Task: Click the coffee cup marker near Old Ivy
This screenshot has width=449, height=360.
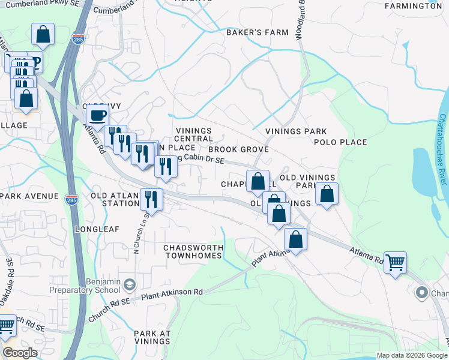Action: click(97, 116)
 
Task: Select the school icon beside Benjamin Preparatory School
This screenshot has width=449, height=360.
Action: click(131, 284)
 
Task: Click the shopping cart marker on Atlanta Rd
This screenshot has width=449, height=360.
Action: click(395, 262)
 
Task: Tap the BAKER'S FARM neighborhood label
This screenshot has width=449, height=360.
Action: click(253, 32)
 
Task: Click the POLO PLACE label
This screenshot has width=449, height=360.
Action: click(340, 142)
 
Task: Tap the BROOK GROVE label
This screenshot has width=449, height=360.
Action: click(238, 149)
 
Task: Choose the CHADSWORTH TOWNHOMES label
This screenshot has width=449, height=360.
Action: click(193, 252)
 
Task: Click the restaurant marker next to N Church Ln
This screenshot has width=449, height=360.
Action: click(151, 199)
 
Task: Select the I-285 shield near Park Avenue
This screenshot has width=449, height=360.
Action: click(71, 200)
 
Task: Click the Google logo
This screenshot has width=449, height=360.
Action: click(19, 353)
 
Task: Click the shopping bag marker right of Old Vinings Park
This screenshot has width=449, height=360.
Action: click(327, 194)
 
